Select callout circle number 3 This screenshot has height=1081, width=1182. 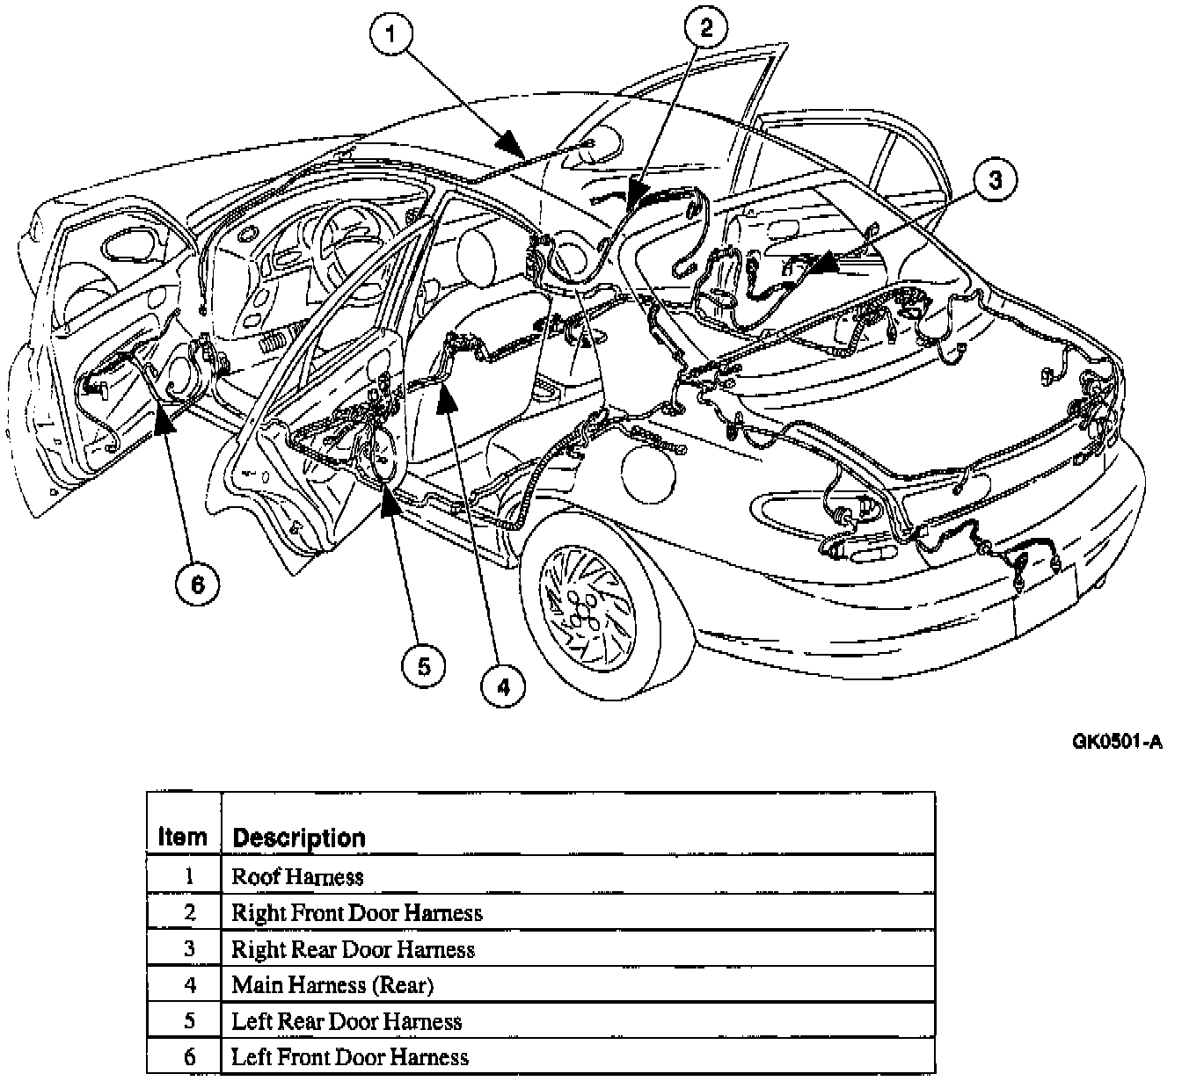(x=994, y=181)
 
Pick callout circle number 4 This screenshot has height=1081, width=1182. (x=503, y=686)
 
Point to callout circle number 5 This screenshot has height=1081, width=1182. (x=424, y=665)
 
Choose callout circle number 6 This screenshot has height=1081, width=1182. (x=197, y=584)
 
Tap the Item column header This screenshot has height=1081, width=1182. (x=183, y=837)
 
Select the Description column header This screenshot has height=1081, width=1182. (x=298, y=838)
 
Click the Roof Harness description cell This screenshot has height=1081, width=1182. (x=297, y=876)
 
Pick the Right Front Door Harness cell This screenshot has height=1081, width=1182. (x=356, y=912)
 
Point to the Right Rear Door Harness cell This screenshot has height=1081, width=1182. (x=353, y=949)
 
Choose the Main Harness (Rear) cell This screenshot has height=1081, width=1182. (x=332, y=985)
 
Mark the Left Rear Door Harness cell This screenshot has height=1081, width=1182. (x=347, y=1021)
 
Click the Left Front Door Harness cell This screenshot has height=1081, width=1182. (x=350, y=1057)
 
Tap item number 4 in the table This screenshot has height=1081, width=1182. (x=190, y=985)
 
